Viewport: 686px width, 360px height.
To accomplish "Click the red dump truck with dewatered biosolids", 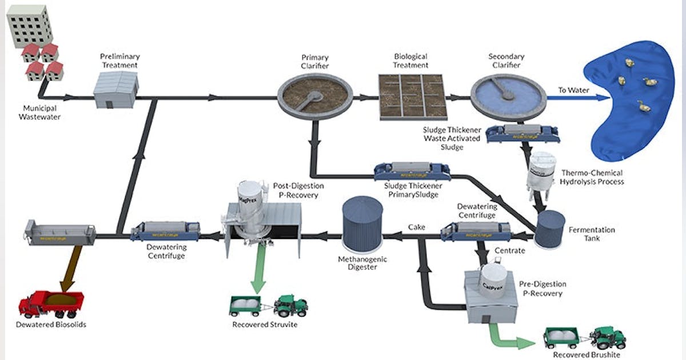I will pyautogui.click(x=51, y=303).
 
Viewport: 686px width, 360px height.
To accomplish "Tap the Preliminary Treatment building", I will pyautogui.click(x=116, y=91).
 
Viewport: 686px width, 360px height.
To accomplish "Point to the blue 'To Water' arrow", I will pyautogui.click(x=577, y=98).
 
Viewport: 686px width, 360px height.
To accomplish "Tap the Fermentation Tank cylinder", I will pyautogui.click(x=549, y=229).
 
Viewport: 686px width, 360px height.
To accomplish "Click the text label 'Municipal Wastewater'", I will pyautogui.click(x=42, y=113).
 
